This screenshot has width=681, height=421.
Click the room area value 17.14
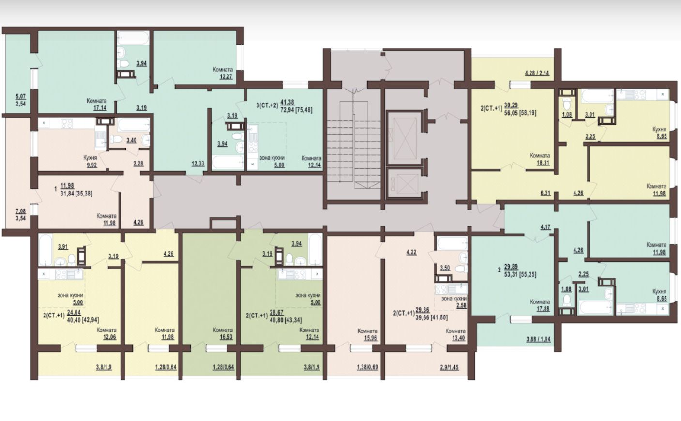[x=100, y=107]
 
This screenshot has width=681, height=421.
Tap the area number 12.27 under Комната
[x=226, y=76]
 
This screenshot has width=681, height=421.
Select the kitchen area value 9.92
[x=91, y=165]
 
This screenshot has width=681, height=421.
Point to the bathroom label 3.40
[x=131, y=140]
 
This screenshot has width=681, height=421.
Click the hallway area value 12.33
[x=197, y=164]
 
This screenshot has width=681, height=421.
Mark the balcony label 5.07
[x=21, y=97]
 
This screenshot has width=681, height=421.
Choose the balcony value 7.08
[x=21, y=211]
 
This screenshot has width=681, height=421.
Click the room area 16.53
[x=226, y=337]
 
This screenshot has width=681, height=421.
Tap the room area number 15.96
[x=371, y=338]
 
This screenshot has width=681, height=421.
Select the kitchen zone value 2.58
[x=461, y=305]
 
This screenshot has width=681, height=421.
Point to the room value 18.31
[x=543, y=163]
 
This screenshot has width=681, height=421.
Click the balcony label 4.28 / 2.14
[x=537, y=73]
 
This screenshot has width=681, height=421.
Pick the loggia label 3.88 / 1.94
[x=538, y=339]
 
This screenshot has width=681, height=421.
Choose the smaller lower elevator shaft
[x=404, y=183]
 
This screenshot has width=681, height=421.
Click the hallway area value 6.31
[x=545, y=193]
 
